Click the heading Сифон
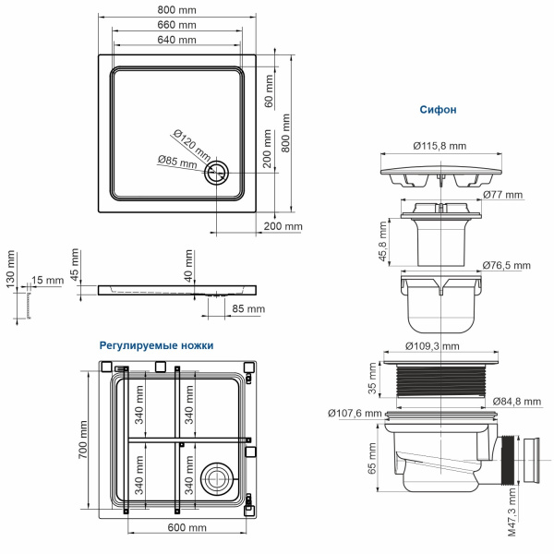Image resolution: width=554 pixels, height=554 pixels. click(x=439, y=110)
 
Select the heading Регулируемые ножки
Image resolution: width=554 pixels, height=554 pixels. click(x=156, y=344)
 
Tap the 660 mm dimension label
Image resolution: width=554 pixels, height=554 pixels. click(x=175, y=25)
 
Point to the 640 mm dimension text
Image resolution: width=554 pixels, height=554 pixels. click(x=175, y=41)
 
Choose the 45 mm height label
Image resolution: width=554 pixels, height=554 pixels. click(x=76, y=266)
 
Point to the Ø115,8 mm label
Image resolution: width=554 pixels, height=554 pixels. click(x=439, y=146)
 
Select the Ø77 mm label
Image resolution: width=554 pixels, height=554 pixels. click(x=502, y=195)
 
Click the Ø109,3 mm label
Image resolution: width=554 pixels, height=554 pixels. click(x=433, y=345)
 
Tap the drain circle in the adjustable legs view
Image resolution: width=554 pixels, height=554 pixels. click(x=219, y=476)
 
